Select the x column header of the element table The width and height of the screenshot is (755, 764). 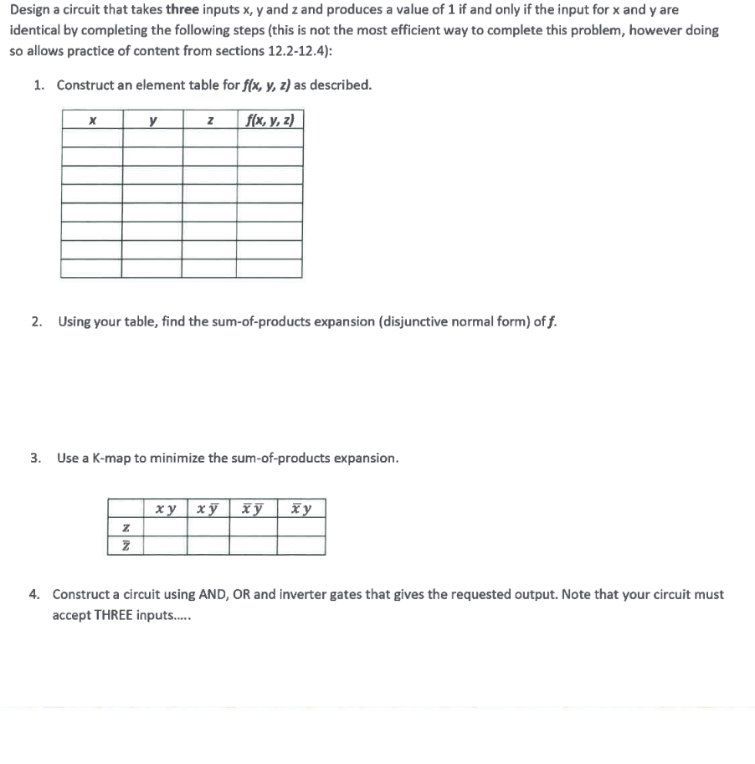click(91, 120)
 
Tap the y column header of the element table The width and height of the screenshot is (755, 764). click(152, 120)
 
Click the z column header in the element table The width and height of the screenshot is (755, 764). click(209, 120)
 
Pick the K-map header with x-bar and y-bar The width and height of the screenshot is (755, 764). click(252, 509)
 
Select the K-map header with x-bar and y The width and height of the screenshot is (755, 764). click(301, 509)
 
